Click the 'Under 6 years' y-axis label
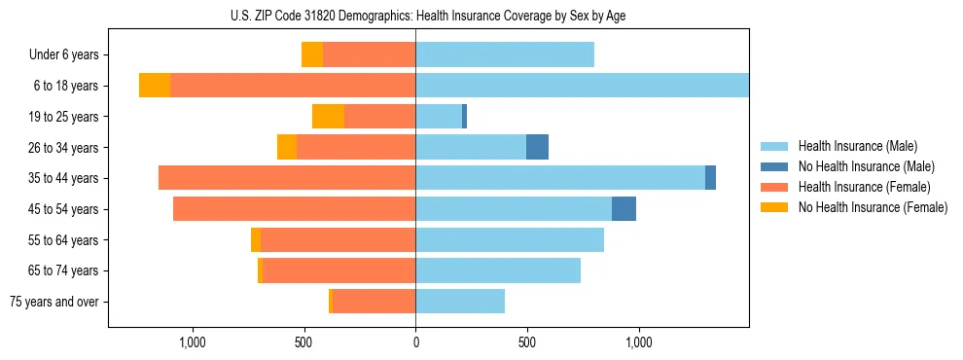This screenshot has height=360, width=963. (63, 54)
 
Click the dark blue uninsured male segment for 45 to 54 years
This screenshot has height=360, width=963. (624, 209)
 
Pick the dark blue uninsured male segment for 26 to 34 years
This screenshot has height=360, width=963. (537, 147)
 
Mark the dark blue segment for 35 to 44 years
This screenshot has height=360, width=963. (710, 178)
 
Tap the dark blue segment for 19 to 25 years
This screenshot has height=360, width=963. (464, 116)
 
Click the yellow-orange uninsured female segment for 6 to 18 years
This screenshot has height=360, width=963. (155, 86)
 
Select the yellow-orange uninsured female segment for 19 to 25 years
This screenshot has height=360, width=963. (328, 116)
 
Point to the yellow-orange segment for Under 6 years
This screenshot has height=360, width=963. (312, 54)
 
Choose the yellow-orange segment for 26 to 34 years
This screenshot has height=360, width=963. (287, 147)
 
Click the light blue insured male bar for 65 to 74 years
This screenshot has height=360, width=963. (498, 270)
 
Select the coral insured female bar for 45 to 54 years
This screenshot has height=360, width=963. (294, 209)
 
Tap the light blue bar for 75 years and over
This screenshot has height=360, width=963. (460, 302)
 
